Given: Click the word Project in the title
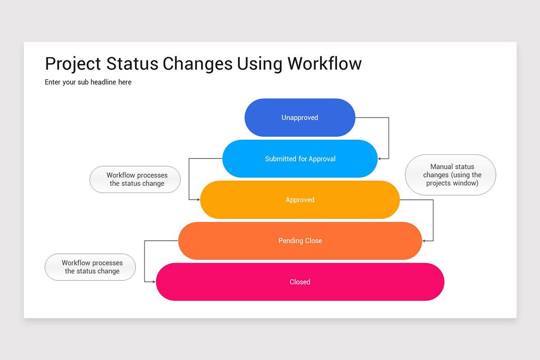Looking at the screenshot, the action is click(73, 64).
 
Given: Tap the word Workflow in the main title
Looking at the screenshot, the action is click(324, 63).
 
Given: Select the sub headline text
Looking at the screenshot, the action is click(88, 82).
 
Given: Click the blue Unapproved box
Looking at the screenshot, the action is click(300, 117).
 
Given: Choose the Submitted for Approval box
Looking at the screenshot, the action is click(300, 159).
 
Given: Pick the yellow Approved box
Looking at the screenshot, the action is click(300, 200).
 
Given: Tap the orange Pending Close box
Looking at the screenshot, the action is click(300, 241).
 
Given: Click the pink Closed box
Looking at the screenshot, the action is click(300, 282).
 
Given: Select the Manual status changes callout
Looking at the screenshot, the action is click(450, 175).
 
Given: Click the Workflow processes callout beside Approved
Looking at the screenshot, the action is click(135, 180).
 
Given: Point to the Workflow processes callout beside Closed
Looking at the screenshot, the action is click(90, 267).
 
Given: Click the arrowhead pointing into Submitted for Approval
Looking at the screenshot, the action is click(379, 159).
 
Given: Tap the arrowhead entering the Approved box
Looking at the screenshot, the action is click(198, 200).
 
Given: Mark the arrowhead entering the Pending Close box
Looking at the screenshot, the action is click(423, 241).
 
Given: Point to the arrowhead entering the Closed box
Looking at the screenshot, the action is click(154, 282).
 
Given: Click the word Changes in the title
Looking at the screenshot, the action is click(198, 64).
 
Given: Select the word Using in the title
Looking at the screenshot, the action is click(259, 64).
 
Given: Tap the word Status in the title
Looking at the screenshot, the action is click(132, 63).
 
